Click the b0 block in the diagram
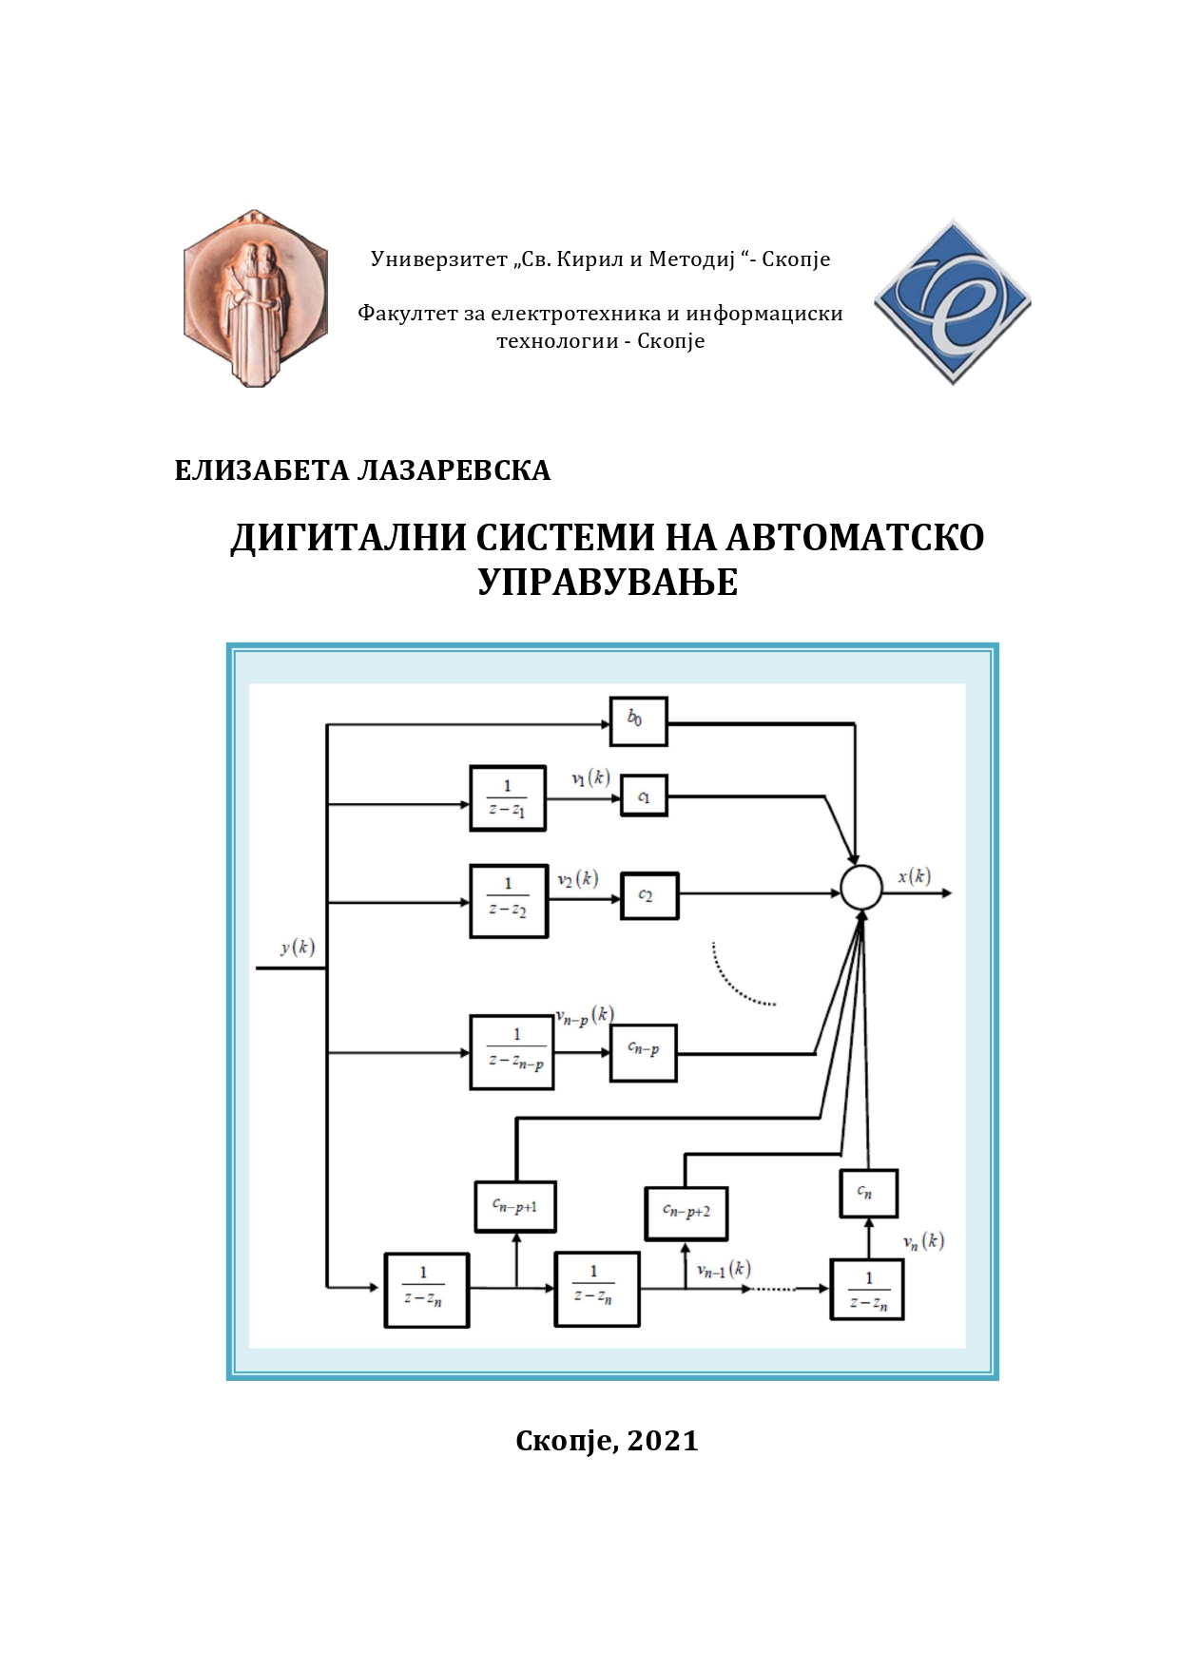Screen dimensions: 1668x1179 tap(638, 721)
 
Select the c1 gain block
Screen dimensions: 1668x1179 tap(644, 796)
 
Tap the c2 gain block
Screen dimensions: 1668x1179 tap(649, 895)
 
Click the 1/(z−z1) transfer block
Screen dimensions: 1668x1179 tap(508, 798)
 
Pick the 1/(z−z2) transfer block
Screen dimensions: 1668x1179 tap(509, 900)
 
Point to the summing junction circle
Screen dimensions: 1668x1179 tap(861, 889)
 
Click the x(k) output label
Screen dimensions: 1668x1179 tap(914, 876)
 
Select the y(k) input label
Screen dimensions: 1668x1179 tap(297, 947)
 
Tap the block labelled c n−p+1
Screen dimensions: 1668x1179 tap(515, 1206)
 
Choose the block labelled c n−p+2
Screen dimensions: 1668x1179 tap(686, 1213)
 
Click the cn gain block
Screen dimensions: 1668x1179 tap(868, 1193)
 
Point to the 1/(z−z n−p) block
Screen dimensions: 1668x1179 tap(512, 1052)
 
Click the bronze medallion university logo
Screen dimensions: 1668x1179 tap(255, 298)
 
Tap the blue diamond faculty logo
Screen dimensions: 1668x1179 tap(952, 302)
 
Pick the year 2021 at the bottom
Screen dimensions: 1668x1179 tap(663, 1441)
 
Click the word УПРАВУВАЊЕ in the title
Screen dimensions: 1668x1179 tap(608, 582)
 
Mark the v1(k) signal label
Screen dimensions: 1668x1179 tap(590, 778)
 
